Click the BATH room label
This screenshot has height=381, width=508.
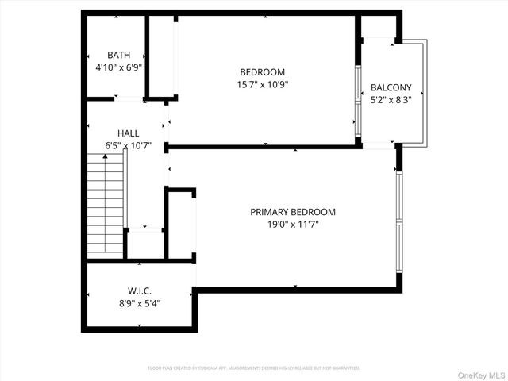coord(119,55)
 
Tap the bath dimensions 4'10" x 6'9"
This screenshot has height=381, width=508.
coord(119,67)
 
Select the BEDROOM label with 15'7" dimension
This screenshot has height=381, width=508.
coord(262,71)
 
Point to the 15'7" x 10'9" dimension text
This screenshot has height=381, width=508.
coord(262,84)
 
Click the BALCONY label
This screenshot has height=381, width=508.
coord(391,87)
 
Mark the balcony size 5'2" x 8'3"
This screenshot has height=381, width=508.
coord(391,100)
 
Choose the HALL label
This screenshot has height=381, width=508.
coord(128,133)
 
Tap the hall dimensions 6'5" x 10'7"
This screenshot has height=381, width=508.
coord(128,146)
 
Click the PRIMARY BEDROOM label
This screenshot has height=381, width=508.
coord(293,212)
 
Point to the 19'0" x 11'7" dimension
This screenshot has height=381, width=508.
coord(293,225)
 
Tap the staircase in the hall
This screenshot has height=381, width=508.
coord(105,204)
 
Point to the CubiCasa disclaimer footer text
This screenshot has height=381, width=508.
coord(254,368)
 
